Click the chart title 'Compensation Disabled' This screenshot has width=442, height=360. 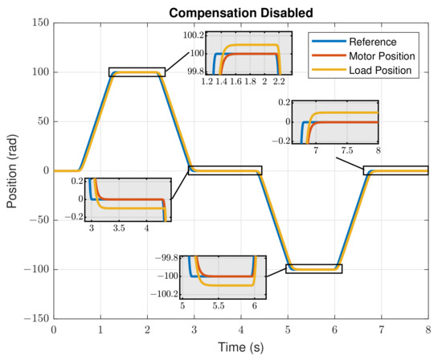[241, 12]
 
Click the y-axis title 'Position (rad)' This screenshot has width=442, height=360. [12, 170]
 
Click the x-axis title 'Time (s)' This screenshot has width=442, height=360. [241, 348]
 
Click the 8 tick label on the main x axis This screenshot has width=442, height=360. [428, 330]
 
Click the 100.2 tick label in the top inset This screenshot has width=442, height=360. [192, 35]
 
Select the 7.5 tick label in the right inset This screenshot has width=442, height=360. [346, 150]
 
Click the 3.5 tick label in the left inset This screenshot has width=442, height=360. [119, 229]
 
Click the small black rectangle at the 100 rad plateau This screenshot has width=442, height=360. [137, 72]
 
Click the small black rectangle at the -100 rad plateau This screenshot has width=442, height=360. [313, 269]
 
